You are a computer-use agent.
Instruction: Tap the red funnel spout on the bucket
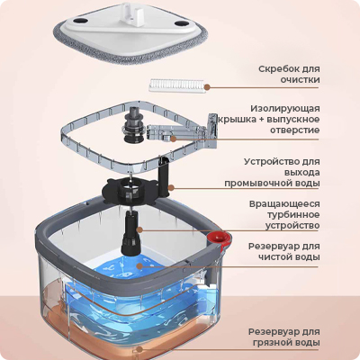(x=220, y=239)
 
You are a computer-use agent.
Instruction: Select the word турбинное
(x=289, y=215)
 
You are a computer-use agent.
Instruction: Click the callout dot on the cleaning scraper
(x=207, y=87)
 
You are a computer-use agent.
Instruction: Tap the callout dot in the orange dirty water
(x=139, y=349)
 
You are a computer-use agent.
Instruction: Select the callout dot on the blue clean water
(x=139, y=265)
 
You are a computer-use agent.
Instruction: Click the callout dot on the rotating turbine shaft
(x=139, y=229)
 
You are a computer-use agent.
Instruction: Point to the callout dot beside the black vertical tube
(x=171, y=188)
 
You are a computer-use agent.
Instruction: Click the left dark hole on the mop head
(x=79, y=21)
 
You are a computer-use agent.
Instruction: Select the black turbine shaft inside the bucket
(x=130, y=232)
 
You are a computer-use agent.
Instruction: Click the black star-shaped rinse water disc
(x=130, y=191)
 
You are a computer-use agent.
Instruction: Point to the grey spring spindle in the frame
(x=134, y=126)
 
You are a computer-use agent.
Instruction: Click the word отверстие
(x=295, y=130)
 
